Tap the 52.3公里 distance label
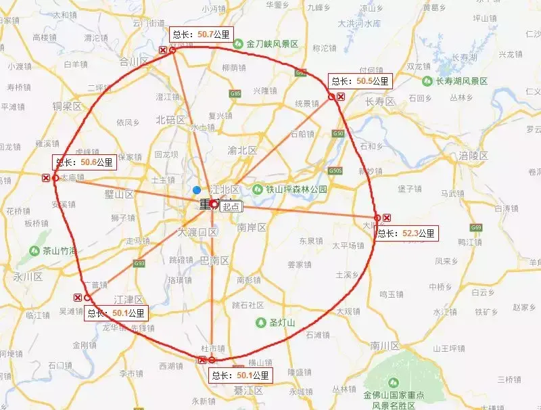coord(406,233)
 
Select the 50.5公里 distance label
coord(360,81)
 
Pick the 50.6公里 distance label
coord(85,162)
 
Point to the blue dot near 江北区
coord(196,190)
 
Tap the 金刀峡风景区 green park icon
coord(238,43)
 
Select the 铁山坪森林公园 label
coord(295,189)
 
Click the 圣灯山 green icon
coord(260,322)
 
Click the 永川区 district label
coord(28,277)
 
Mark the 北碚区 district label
coord(170,120)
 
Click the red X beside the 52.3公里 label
coord(387,218)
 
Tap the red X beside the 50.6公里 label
coord(46,178)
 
